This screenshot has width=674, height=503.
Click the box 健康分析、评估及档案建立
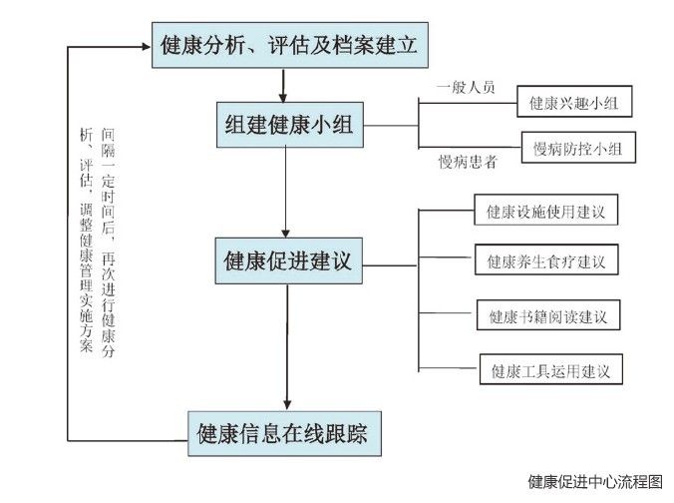tap(287, 46)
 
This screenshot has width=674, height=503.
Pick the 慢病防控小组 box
tap(578, 150)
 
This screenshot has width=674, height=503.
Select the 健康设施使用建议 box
tap(546, 213)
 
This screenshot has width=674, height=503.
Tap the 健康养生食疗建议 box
tap(546, 262)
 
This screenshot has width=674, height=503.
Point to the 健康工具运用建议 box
tap(550, 372)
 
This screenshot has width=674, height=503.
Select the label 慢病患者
tap(468, 161)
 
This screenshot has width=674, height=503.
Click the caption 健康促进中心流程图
tap(595, 481)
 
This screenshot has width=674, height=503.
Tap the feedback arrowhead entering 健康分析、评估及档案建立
tap(145, 46)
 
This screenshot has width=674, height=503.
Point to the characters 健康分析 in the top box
tap(198, 46)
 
